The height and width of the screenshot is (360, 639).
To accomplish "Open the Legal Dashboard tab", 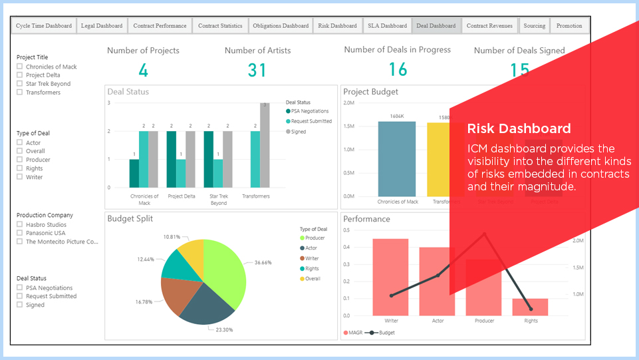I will (101, 26).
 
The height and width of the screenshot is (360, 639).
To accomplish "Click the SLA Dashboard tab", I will (387, 26).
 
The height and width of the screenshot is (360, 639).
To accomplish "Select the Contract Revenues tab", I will (489, 26).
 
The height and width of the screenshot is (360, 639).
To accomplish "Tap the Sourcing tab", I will (534, 26).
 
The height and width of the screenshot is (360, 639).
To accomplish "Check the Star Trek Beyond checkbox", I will (20, 84).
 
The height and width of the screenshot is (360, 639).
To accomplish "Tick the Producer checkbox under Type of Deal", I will (20, 160).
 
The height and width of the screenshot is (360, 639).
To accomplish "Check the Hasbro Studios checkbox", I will (20, 225).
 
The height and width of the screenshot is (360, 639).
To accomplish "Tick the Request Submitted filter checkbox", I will (20, 296).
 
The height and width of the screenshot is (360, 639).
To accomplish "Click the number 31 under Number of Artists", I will (257, 70).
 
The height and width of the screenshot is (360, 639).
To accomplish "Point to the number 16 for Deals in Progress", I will (398, 70).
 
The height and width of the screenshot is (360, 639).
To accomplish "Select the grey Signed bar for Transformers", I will (265, 145).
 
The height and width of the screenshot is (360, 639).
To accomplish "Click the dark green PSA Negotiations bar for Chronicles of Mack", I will (134, 173).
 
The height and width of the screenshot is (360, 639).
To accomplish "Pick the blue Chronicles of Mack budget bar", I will (397, 159).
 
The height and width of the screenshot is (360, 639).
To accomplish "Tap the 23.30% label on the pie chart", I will (225, 329).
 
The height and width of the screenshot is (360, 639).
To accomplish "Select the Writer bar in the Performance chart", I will (390, 277).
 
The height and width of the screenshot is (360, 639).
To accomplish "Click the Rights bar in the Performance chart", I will (531, 307).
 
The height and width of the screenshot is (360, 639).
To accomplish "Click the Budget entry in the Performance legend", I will (382, 332).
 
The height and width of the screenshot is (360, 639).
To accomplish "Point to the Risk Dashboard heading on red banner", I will (519, 128).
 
